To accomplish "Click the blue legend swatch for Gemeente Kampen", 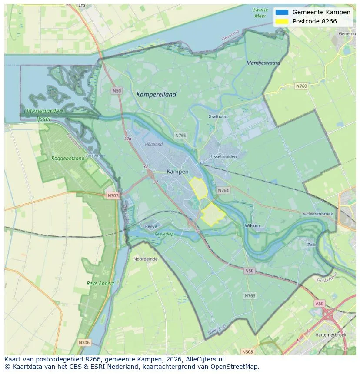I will tap(282, 12).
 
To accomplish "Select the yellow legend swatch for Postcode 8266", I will tap(282, 21).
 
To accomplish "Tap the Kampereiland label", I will tap(156, 94).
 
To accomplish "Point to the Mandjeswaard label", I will tap(263, 63).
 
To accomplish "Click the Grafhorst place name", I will tap(218, 116).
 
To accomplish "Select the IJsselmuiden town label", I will tap(224, 156).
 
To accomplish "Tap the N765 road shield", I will tap(180, 136).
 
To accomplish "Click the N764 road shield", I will tap(223, 190).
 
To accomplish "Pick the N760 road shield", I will tap(301, 86).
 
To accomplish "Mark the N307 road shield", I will tap(113, 195).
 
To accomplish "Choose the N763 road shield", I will tap(250, 295).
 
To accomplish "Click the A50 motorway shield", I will tap(320, 304).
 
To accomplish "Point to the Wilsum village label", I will tap(252, 225).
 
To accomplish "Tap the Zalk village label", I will tap(311, 245).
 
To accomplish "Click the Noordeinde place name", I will tap(146, 259).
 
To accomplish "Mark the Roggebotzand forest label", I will tap(68, 159).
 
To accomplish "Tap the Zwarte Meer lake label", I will tap(260, 13).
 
